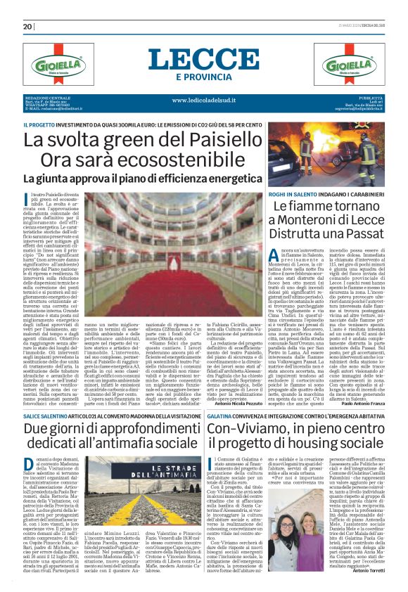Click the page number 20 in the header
(28, 27)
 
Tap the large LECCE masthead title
(204, 58)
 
